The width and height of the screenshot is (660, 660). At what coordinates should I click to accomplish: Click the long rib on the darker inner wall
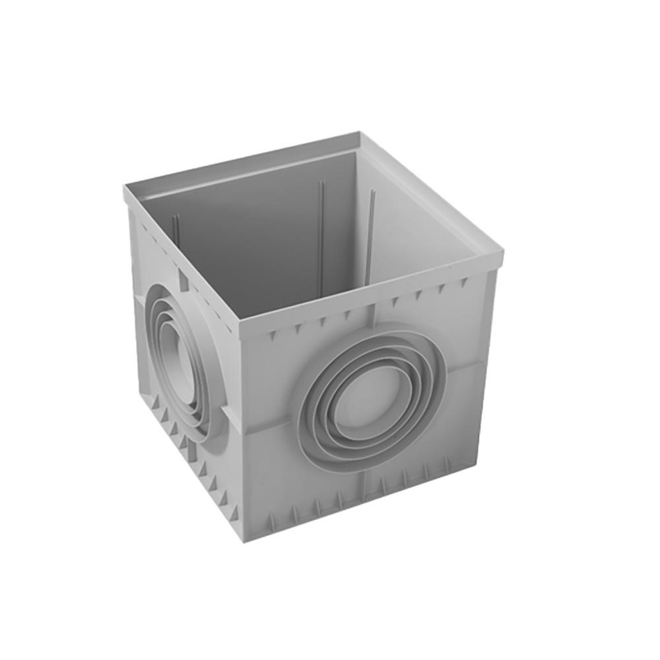321,231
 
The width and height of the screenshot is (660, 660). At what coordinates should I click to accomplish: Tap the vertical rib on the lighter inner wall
372,224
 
